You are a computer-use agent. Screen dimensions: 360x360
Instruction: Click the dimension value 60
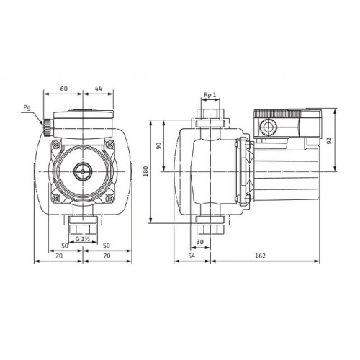click(x=63, y=89)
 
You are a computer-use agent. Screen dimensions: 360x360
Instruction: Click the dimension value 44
click(x=99, y=89)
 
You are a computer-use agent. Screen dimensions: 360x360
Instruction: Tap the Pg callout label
click(x=27, y=107)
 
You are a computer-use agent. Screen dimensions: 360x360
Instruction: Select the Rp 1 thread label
click(x=210, y=95)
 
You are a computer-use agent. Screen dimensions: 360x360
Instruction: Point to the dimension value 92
click(x=329, y=140)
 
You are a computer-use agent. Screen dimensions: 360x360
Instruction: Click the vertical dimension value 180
click(x=145, y=171)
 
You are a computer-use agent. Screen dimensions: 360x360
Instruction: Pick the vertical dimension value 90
click(x=159, y=145)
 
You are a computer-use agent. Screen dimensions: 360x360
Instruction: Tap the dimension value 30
click(x=199, y=242)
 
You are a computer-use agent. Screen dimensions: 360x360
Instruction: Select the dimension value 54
click(x=192, y=256)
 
